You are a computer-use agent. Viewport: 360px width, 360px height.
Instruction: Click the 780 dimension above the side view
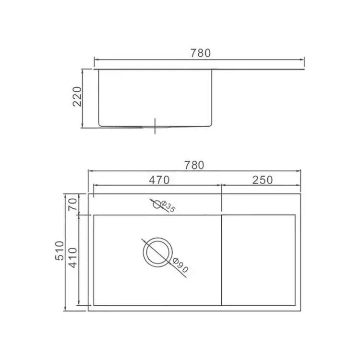201,53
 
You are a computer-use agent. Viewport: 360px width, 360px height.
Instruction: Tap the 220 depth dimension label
77,96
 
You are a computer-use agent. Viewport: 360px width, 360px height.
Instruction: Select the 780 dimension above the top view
194,165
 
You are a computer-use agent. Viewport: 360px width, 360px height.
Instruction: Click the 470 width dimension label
159,180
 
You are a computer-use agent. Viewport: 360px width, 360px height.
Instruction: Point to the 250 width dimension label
263,180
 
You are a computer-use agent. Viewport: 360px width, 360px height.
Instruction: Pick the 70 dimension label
73,204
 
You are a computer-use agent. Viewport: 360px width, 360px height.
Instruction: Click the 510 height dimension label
60,251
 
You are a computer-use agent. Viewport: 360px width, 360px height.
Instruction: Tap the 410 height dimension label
73,257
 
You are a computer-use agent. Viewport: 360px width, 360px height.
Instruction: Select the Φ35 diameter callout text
168,206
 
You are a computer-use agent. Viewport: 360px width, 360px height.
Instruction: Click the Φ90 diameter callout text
180,265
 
